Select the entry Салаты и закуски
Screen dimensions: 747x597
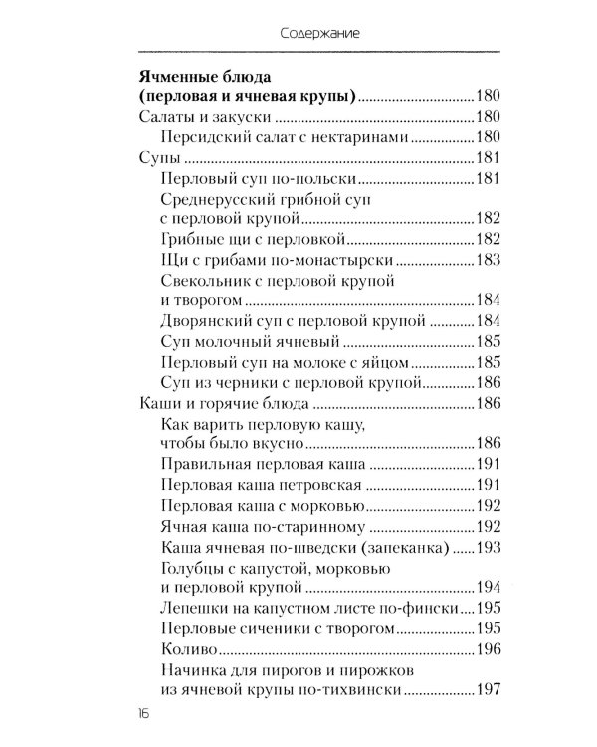[194, 119]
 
